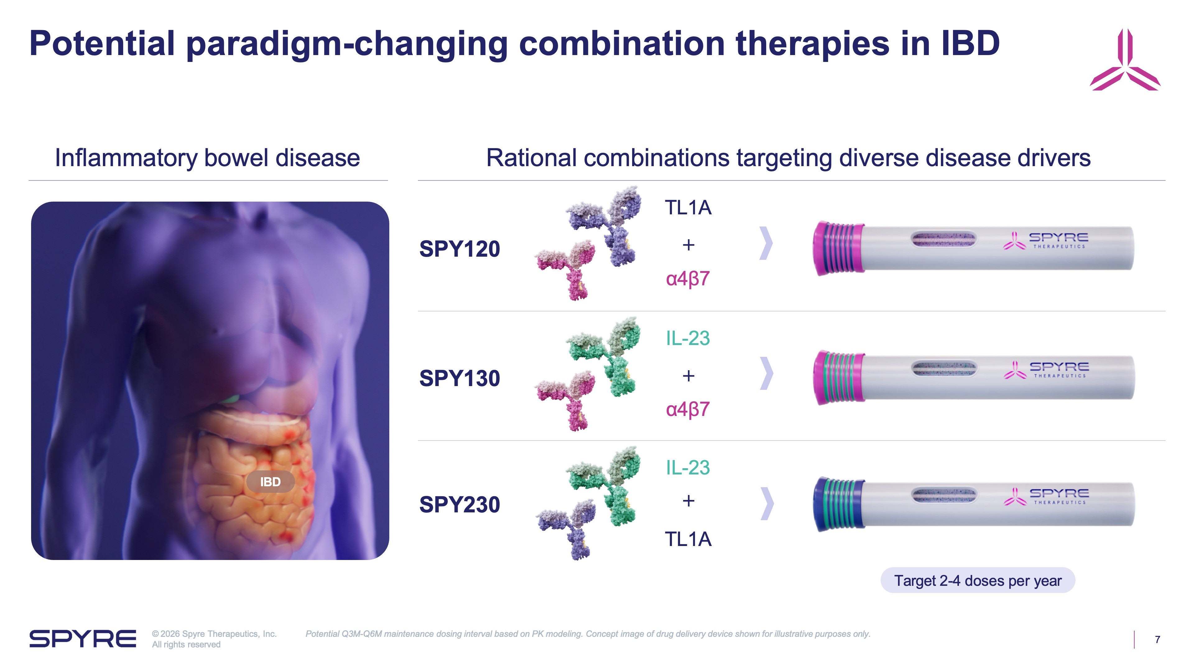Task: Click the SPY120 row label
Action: (459, 249)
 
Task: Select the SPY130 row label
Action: (459, 378)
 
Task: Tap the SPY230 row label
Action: (459, 505)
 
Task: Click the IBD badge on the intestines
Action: (270, 482)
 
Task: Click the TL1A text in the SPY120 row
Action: (688, 208)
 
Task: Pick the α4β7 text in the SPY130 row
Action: (688, 409)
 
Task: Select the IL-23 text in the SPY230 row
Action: (688, 468)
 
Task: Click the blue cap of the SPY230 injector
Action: (838, 504)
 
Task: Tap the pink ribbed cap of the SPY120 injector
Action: (838, 248)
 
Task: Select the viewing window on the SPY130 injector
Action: (943, 369)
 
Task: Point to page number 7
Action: (1157, 640)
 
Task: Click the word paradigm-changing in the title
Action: (347, 44)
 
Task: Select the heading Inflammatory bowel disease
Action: (207, 158)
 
